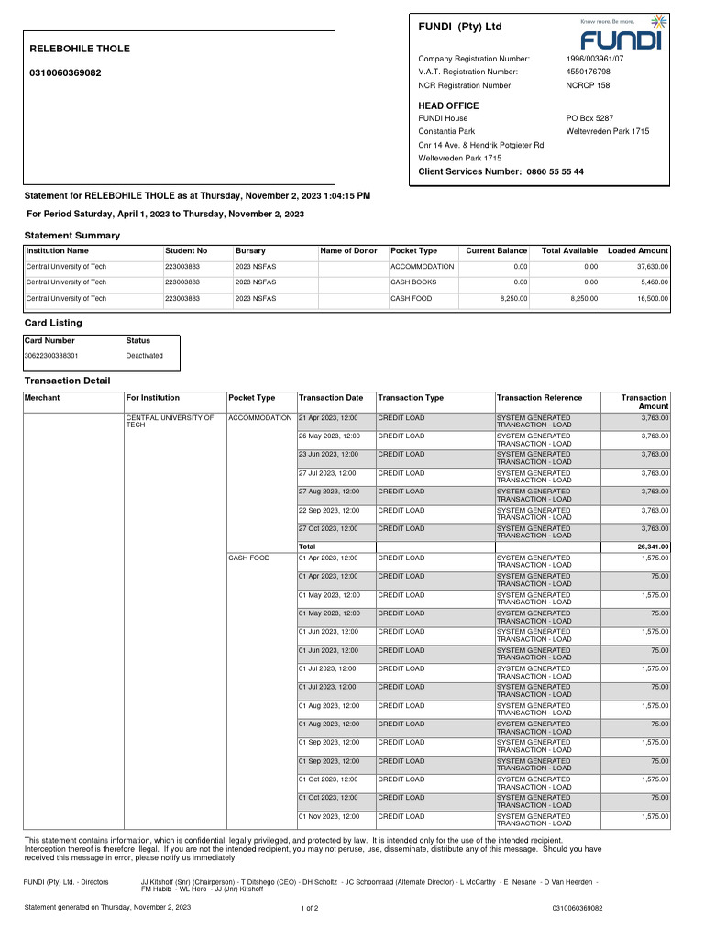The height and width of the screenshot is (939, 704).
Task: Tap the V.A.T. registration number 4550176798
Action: pyautogui.click(x=588, y=72)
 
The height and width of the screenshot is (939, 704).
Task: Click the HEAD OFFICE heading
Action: pyautogui.click(x=448, y=106)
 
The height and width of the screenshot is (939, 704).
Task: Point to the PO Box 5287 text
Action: pyautogui.click(x=589, y=118)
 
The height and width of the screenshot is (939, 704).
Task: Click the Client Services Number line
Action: pyautogui.click(x=500, y=172)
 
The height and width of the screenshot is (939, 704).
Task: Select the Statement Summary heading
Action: pyautogui.click(x=71, y=236)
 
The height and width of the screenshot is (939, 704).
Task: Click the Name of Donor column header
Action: pyautogui.click(x=348, y=250)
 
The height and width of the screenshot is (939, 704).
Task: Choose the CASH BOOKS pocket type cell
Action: pyautogui.click(x=413, y=282)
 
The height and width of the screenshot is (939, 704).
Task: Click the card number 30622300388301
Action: pyautogui.click(x=51, y=356)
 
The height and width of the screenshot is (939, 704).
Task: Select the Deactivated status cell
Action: pyautogui.click(x=144, y=356)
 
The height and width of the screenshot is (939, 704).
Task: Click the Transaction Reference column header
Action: pyautogui.click(x=539, y=398)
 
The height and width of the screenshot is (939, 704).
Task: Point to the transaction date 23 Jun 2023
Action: pyautogui.click(x=328, y=454)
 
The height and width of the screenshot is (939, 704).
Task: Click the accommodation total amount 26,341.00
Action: pyautogui.click(x=652, y=547)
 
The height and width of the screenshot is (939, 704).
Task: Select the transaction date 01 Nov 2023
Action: pyautogui.click(x=328, y=816)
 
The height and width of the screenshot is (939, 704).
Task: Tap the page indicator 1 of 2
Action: pyautogui.click(x=310, y=908)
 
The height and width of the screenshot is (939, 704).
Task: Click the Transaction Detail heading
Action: pyautogui.click(x=67, y=381)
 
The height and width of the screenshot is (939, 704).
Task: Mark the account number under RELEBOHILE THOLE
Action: pyautogui.click(x=66, y=72)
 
